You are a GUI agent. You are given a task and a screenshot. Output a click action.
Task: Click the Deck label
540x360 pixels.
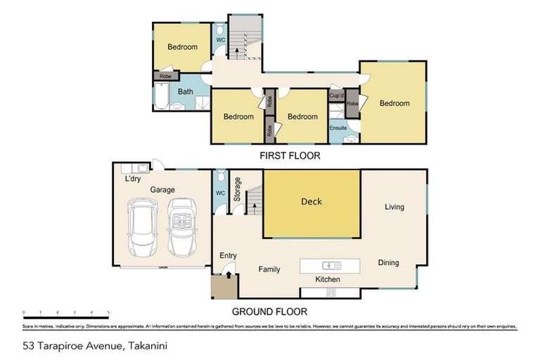point(311,202)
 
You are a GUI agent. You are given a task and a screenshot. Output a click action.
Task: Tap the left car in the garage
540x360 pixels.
point(143,229)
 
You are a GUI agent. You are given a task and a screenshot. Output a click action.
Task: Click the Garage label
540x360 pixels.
point(161,190)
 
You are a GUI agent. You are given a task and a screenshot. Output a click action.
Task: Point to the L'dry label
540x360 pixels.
point(133,179)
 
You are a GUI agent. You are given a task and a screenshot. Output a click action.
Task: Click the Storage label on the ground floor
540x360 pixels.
point(238,190)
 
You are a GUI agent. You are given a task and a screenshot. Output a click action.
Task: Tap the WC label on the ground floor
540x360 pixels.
point(220,193)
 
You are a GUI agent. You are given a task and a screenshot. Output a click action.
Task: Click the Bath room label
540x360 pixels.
point(185,92)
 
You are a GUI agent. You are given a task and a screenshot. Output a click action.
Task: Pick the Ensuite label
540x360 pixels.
point(338,128)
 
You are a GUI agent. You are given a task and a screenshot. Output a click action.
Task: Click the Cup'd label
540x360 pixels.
point(336,95)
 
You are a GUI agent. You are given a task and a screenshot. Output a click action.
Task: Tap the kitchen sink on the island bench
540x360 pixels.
point(330,265)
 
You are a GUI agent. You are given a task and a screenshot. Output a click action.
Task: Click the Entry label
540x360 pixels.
point(229,256)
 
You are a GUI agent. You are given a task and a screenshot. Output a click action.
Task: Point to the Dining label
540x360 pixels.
point(388,263)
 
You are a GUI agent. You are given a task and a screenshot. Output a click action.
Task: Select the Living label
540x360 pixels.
point(394,207)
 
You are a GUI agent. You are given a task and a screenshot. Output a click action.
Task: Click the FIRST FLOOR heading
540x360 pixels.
point(290,156)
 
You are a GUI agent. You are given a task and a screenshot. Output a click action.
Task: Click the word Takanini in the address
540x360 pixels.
point(146,345)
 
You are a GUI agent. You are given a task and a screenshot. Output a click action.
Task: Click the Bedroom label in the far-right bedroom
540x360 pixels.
point(394,103)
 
